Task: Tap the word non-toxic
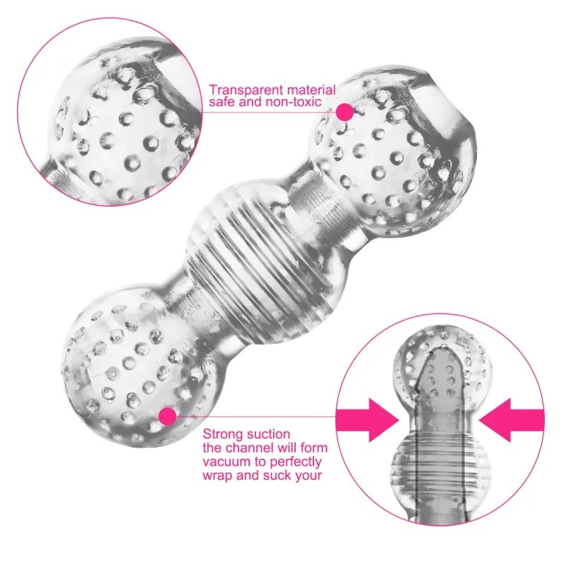point(291,103)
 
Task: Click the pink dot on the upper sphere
point(345,111)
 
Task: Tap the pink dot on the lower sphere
point(168,416)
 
